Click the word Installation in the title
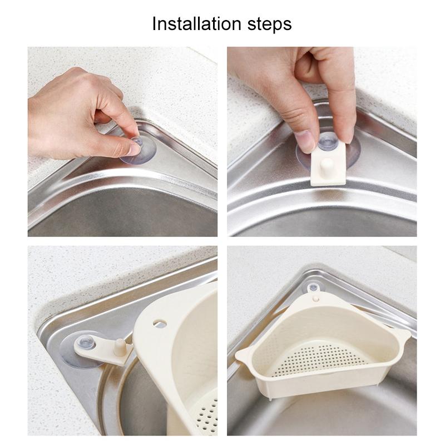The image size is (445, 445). pos(192,24)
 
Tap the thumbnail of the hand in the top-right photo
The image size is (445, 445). pos(305,141)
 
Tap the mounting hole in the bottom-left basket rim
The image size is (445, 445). pos(161,323)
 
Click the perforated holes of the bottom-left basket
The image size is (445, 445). pos(207,412)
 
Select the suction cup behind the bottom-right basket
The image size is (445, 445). pos(313,288)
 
